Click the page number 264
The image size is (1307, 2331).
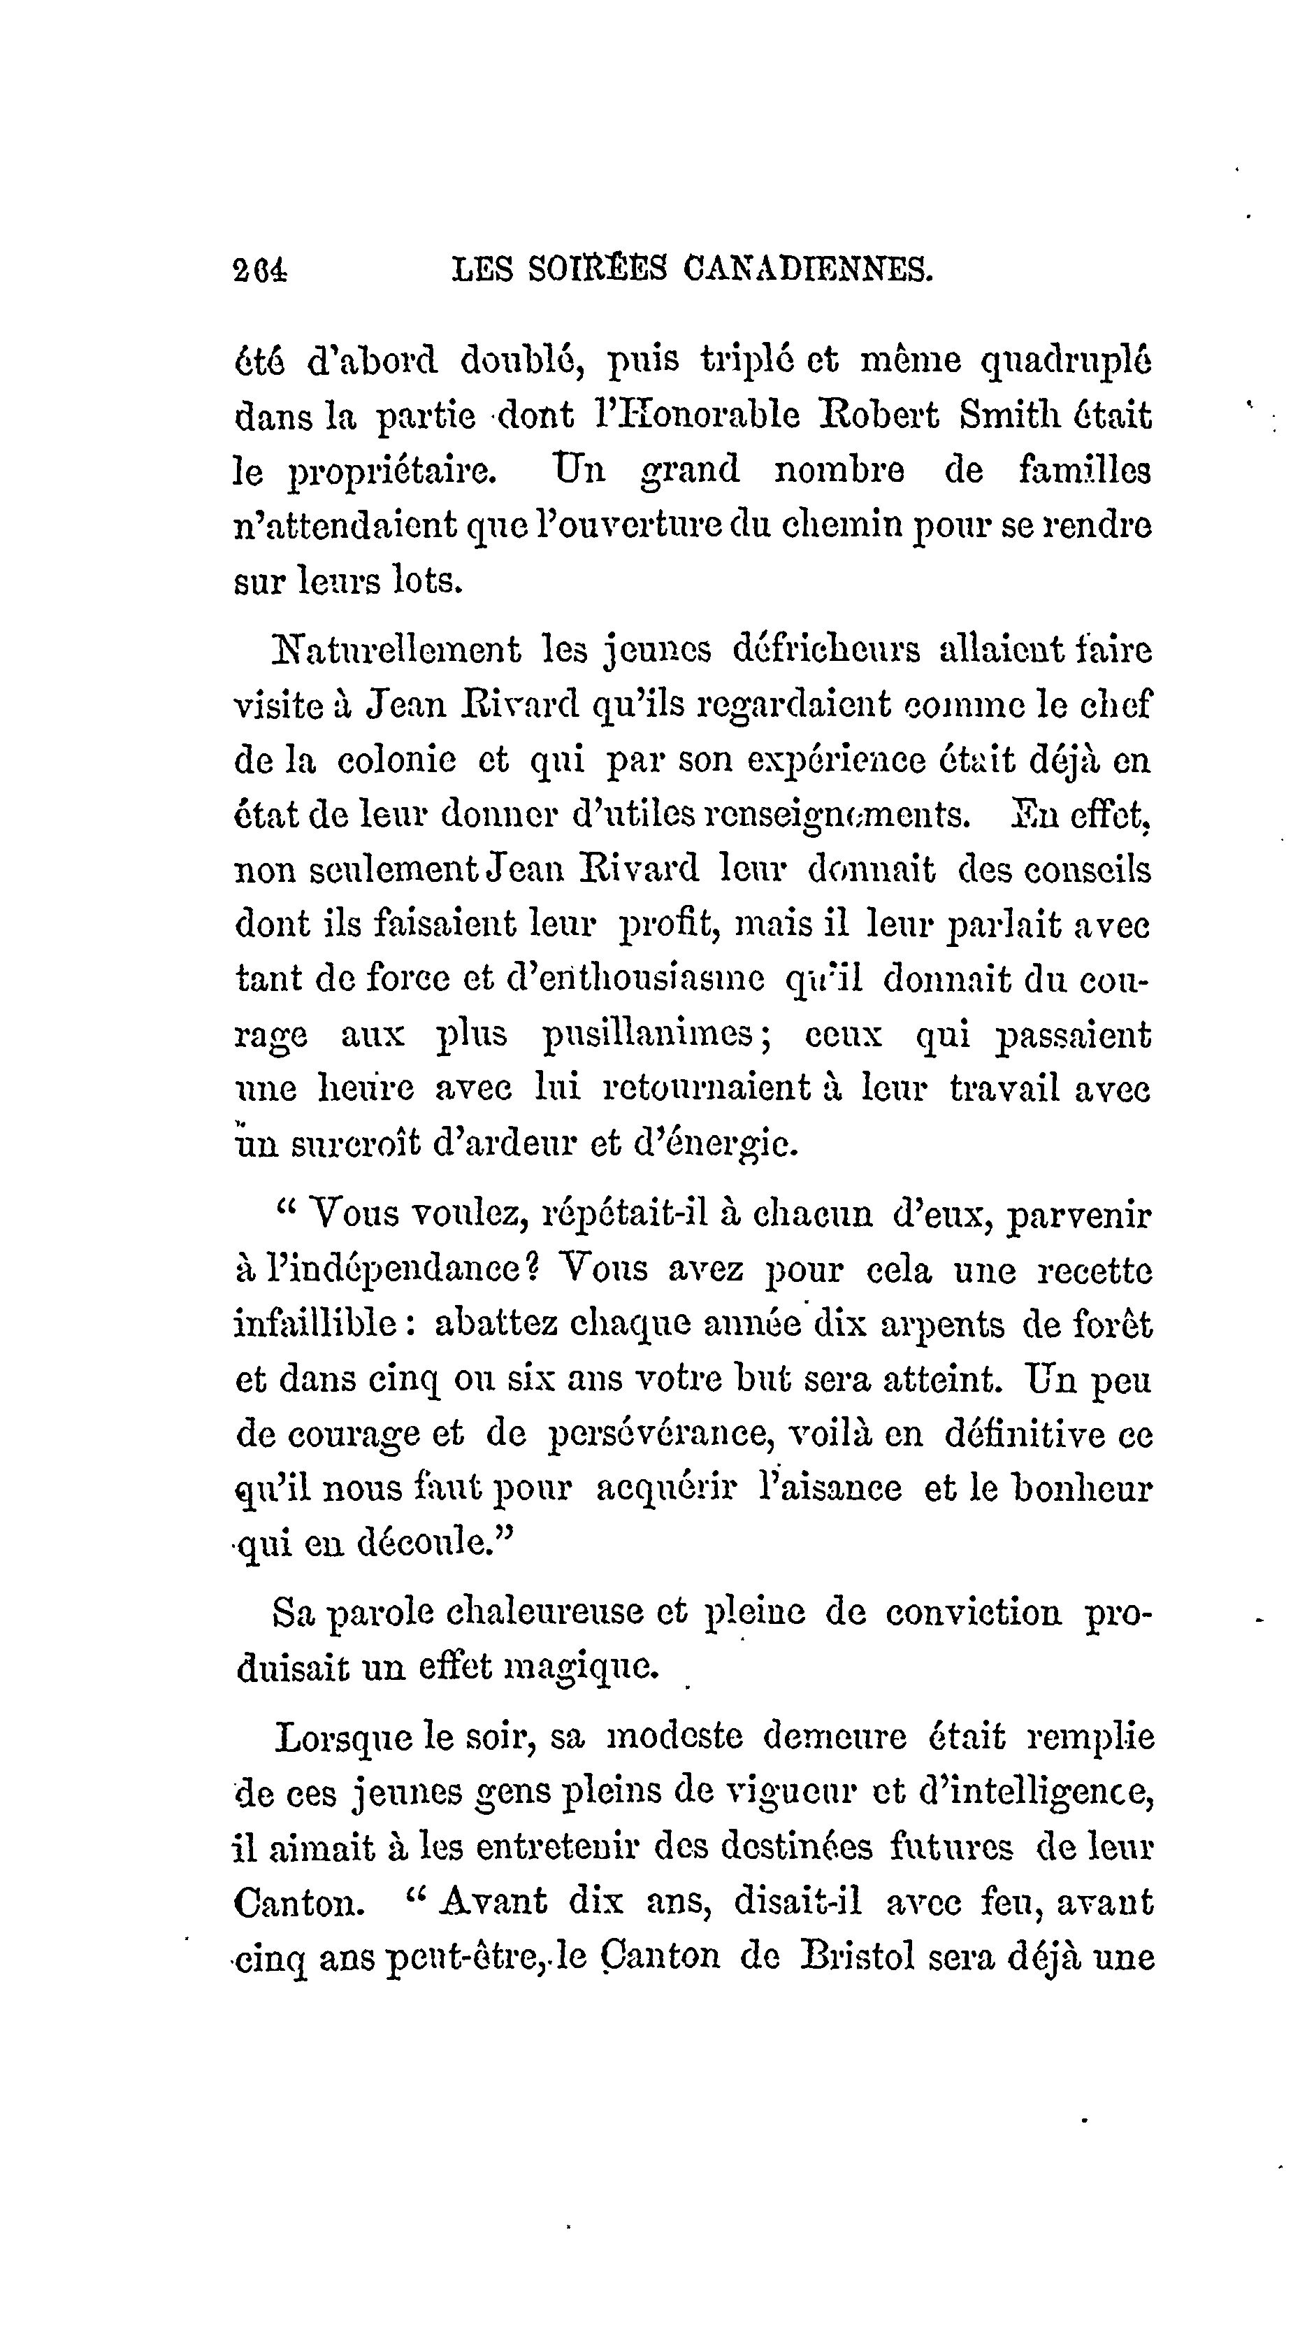(x=259, y=270)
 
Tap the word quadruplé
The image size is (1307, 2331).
(x=1067, y=360)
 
